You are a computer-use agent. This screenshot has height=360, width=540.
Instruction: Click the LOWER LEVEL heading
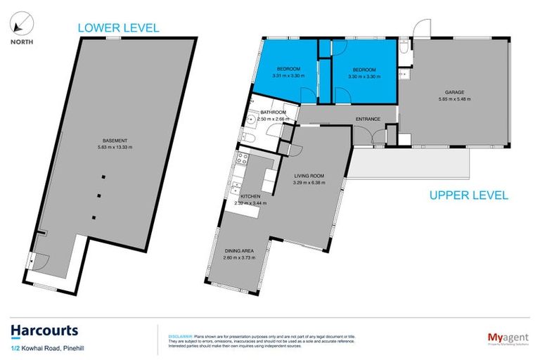[118, 28]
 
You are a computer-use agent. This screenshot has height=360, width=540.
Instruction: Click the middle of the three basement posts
[98, 196]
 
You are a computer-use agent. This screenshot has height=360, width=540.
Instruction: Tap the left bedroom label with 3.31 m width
[287, 69]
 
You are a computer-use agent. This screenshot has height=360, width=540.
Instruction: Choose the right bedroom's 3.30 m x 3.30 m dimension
[364, 77]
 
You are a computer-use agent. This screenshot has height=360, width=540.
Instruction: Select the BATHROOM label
[273, 112]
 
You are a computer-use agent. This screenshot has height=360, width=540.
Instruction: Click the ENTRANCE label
[368, 119]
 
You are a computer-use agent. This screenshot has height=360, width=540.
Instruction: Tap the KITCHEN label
[250, 196]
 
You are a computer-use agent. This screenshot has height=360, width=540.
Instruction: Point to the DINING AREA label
[239, 250]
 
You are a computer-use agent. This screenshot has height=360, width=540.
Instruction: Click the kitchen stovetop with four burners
[239, 170]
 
